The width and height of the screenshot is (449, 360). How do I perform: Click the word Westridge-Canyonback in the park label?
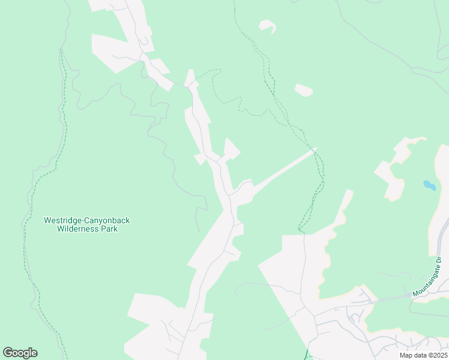pyautogui.click(x=86, y=220)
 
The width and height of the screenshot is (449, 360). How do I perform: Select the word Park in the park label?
pyautogui.click(x=110, y=229)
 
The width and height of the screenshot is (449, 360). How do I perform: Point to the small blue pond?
pyautogui.click(x=429, y=185)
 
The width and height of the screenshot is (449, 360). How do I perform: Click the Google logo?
pyautogui.click(x=20, y=353)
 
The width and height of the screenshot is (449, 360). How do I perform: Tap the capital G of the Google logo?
pyautogui.click(x=8, y=353)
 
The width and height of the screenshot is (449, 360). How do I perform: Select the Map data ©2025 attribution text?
pyautogui.click(x=423, y=355)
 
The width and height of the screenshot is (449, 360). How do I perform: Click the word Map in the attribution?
pyautogui.click(x=406, y=355)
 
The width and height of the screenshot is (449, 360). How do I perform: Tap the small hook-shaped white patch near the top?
pyautogui.click(x=268, y=26)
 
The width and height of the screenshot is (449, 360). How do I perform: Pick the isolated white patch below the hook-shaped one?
pyautogui.click(x=304, y=90)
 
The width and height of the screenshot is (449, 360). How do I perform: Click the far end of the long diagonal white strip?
pyautogui.click(x=315, y=149)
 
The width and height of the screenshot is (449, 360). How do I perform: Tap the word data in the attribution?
pyautogui.click(x=419, y=355)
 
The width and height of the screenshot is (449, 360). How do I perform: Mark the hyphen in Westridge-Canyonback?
pyautogui.click(x=79, y=220)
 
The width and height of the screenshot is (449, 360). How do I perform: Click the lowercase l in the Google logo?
pyautogui.click(x=29, y=353)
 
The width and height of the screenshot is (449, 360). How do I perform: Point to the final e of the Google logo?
pyautogui.click(x=34, y=353)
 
